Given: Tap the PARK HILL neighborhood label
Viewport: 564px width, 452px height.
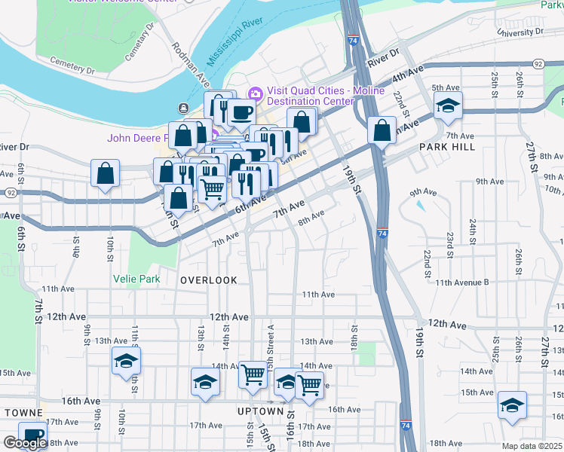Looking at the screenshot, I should click(x=447, y=147).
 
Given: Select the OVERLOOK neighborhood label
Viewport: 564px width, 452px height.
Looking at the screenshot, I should click(x=209, y=280).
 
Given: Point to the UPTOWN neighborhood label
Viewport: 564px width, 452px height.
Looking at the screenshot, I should click(x=260, y=411).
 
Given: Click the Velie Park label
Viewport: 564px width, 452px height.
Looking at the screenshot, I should click(x=136, y=279).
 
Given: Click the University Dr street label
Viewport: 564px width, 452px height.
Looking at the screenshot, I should click(x=520, y=32).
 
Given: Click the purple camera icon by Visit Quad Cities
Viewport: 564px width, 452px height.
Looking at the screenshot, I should click(x=255, y=93).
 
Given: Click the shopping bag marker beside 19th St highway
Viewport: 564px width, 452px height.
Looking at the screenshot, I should click(x=382, y=130).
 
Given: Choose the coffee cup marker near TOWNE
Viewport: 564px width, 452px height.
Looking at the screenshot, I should click(x=32, y=435).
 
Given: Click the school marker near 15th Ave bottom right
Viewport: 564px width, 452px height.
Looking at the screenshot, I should click(x=513, y=405).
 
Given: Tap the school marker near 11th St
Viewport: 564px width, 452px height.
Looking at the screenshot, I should click(x=126, y=360).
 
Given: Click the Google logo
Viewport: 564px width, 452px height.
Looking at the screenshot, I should click(x=25, y=443).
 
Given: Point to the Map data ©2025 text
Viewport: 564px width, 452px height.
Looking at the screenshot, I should click(x=532, y=446).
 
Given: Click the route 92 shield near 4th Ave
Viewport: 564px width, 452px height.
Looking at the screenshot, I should click(x=538, y=65).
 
